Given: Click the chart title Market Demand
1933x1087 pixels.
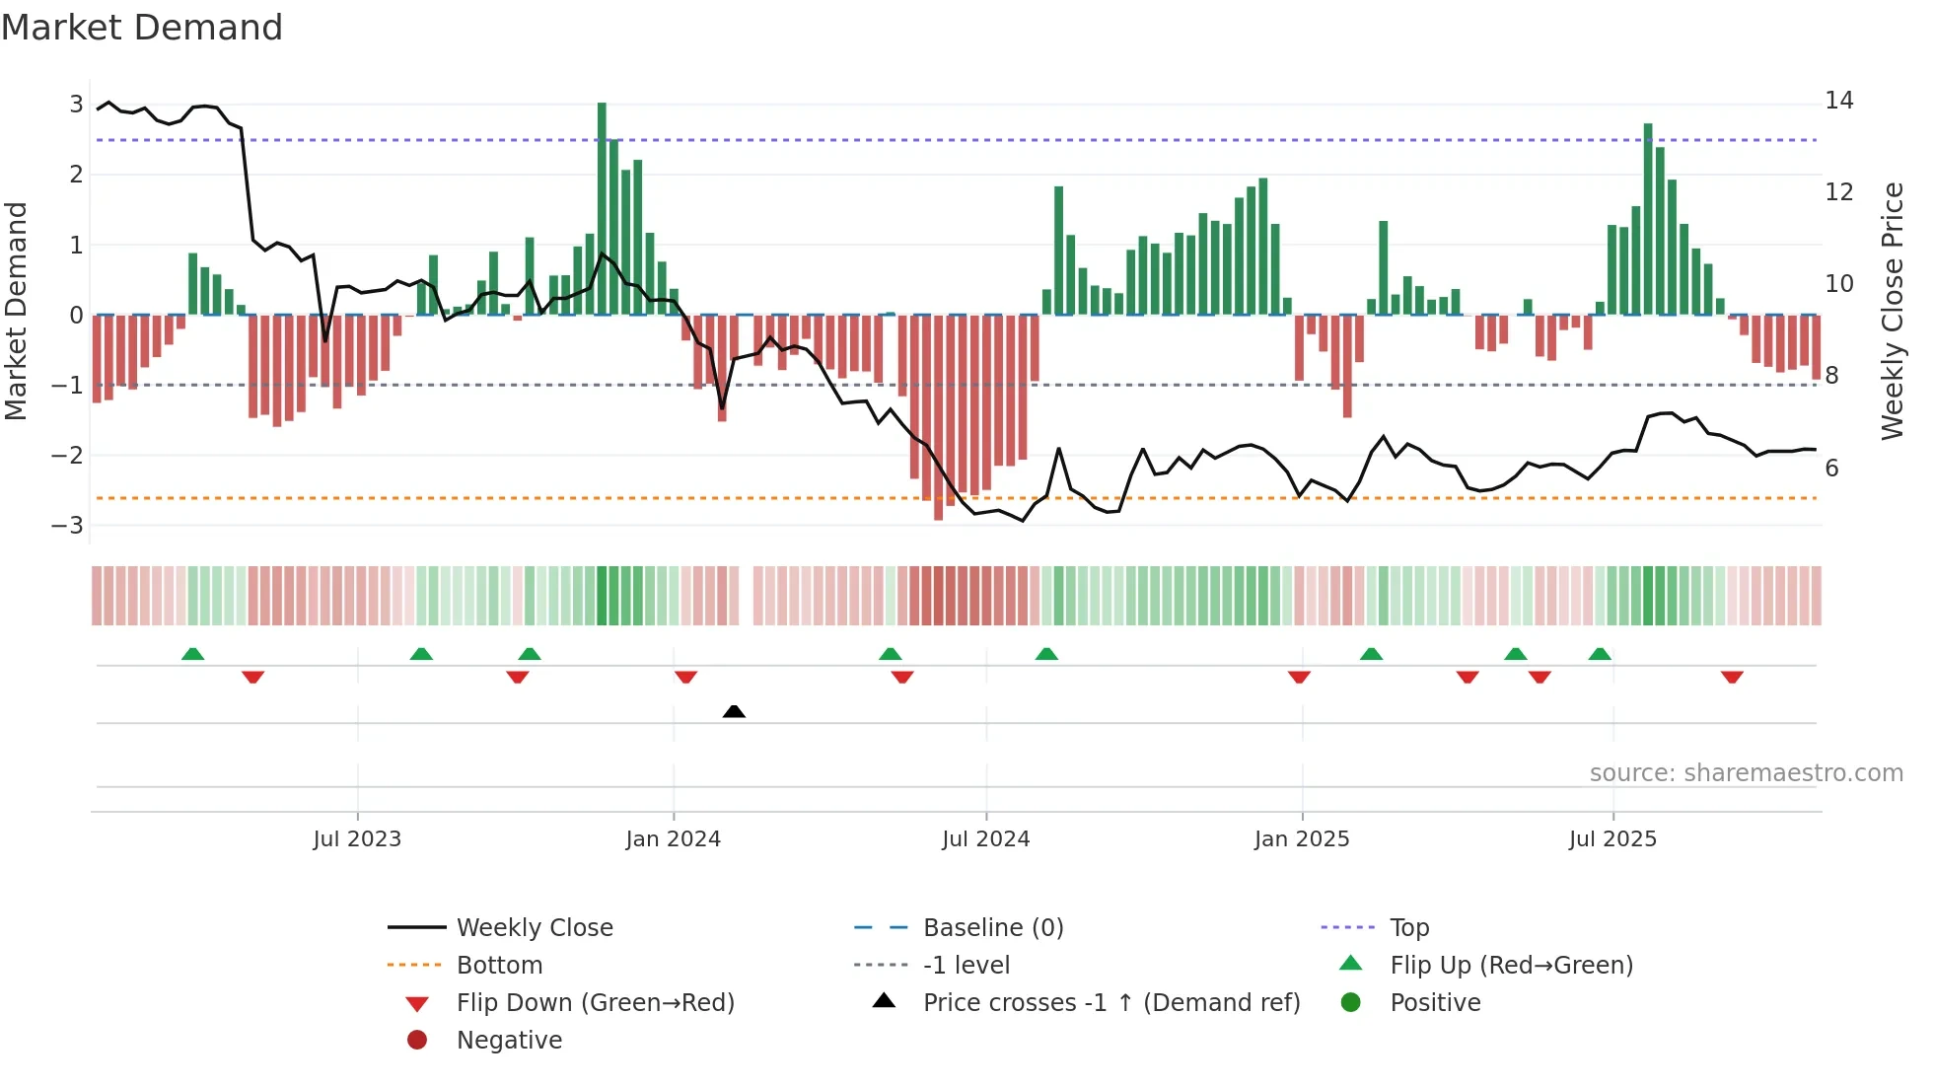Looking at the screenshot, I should tap(142, 27).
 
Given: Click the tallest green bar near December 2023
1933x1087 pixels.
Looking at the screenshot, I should tap(602, 207).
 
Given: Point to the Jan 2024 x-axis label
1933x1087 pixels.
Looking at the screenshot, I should tap(673, 839).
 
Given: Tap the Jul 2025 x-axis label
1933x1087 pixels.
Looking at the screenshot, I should tap(1612, 839).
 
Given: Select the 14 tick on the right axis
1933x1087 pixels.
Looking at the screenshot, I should tap(1838, 101).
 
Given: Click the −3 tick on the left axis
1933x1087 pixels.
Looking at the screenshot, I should tap(68, 525).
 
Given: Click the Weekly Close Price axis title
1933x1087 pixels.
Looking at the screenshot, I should tap(1892, 311).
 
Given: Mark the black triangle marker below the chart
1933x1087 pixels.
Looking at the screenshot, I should tap(734, 711).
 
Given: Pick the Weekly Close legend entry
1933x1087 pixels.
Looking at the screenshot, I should tap(534, 928).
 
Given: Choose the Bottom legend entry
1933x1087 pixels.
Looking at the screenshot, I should tap(499, 966).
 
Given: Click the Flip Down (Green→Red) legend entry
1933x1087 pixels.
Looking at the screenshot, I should tap(595, 1003).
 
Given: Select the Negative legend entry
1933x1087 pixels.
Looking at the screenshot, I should tap(509, 1041).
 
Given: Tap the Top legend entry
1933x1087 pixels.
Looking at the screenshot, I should tap(1408, 928).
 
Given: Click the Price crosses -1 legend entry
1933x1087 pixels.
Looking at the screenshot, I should tap(1110, 1003).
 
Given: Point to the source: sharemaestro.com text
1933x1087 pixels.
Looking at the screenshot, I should tap(1746, 773).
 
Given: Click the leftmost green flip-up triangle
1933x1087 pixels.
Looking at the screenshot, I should tap(193, 654).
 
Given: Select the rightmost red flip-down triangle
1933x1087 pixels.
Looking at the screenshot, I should tap(1732, 677).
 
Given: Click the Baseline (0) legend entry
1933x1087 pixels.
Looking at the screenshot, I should tap(992, 928).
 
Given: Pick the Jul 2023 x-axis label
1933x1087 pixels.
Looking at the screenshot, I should tap(357, 839).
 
